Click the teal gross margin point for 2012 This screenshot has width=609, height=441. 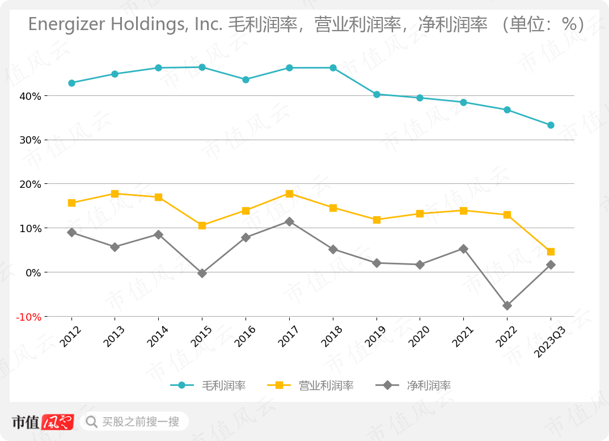pyautogui.click(x=71, y=83)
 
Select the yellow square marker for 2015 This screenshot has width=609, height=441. pyautogui.click(x=202, y=225)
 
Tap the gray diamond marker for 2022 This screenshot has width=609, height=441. pyautogui.click(x=507, y=305)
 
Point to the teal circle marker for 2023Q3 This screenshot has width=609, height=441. pyautogui.click(x=551, y=125)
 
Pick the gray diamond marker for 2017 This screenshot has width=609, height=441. pyautogui.click(x=289, y=221)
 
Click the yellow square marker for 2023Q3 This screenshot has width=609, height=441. pyautogui.click(x=551, y=251)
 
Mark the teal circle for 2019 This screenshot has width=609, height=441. pyautogui.click(x=377, y=94)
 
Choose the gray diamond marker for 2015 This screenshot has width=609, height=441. pyautogui.click(x=202, y=273)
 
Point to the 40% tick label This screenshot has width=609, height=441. pyautogui.click(x=29, y=96)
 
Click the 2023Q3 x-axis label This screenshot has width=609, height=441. pyautogui.click(x=548, y=342)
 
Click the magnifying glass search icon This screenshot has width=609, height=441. pyautogui.click(x=91, y=422)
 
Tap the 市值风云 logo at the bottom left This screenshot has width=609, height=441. pyautogui.click(x=43, y=422)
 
